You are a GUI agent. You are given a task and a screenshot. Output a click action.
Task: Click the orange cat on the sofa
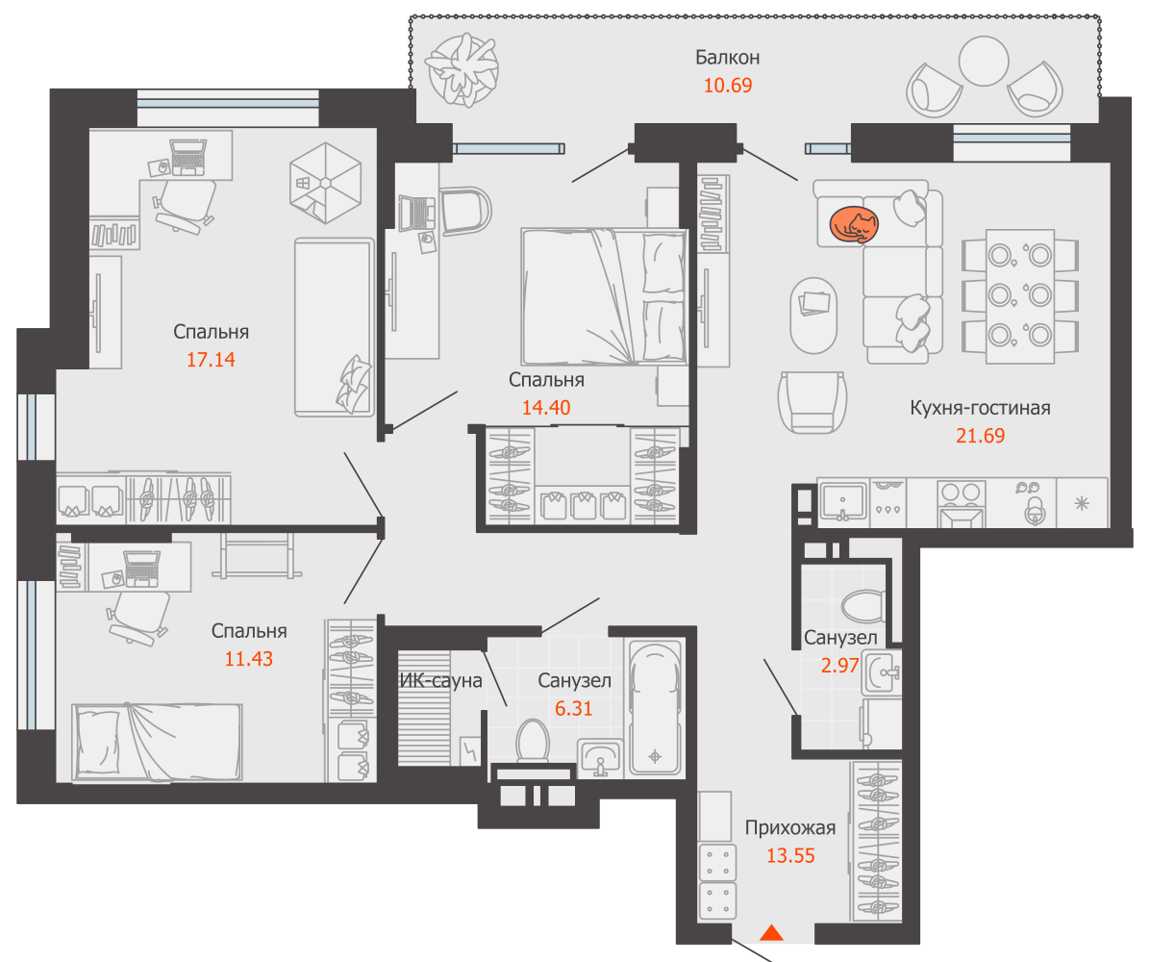coord(854,224)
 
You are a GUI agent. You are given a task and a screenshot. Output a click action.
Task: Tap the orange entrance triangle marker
coord(771,932)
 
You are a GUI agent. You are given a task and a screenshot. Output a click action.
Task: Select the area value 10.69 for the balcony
coord(728,85)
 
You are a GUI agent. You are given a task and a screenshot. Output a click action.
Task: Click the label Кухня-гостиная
coord(980,408)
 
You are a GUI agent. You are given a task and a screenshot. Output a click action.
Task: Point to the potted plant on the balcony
coord(462,69)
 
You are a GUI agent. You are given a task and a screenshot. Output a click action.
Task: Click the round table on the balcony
coord(984,62)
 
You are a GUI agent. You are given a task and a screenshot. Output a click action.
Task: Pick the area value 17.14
coord(211,360)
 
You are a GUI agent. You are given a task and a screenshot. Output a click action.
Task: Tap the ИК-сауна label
coord(440,681)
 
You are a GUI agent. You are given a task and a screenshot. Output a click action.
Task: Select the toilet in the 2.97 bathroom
coord(863,606)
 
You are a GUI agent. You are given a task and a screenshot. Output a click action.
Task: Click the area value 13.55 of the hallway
coord(790,855)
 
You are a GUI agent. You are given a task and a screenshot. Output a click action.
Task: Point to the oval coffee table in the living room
coord(813,315)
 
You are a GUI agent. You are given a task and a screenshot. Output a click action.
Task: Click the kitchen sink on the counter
coord(842,502)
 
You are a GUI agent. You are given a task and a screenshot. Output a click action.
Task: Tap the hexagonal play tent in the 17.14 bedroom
coord(325,183)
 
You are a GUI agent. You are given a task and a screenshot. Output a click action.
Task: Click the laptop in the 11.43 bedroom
coord(141,570)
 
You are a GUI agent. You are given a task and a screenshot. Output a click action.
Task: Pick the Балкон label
coord(728,57)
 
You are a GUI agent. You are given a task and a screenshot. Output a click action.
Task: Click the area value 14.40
coord(545,408)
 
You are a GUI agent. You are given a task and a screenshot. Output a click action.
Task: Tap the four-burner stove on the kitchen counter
coord(961,503)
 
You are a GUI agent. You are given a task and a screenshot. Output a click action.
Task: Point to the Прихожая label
coord(790,827)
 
